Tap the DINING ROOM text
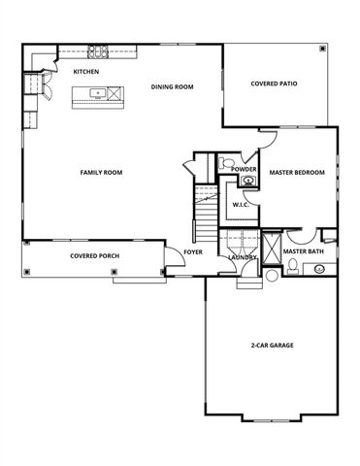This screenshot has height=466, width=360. point(173,86)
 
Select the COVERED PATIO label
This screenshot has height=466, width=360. point(274,84)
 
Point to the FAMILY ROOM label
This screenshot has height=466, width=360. point(101,172)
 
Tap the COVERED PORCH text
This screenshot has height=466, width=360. point(94,256)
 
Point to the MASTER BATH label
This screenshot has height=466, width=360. point(303,251)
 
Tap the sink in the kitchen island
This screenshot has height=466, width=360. point(97,94)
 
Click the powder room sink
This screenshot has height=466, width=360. point(248,181)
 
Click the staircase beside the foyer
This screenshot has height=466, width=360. point(205,218)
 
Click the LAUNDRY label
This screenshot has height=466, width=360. point(242,257)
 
